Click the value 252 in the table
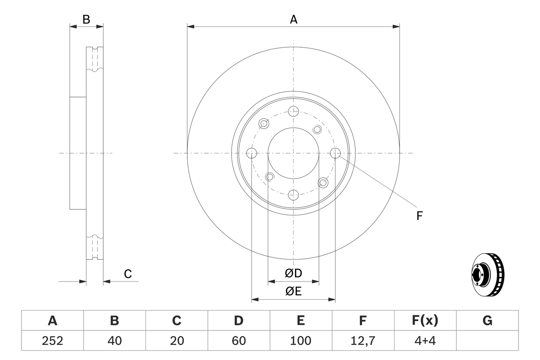coord(52,341)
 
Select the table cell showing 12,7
coord(363,341)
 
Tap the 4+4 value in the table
coord(425,341)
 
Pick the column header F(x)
coord(425,321)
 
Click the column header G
coord(487,321)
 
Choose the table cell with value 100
coord(301,341)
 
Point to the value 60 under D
coord(239,341)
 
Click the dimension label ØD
coord(293,273)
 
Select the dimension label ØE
coord(293,292)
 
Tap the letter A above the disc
coord(293,19)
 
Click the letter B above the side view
coord(86,19)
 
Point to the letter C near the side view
coord(128,274)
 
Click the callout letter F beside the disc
coord(419,216)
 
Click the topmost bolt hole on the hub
coord(293,111)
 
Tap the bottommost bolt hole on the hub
coord(293,195)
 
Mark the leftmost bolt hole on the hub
coord(251,153)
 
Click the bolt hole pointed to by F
coord(335,153)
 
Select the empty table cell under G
coord(487,341)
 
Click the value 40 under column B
coord(114,341)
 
